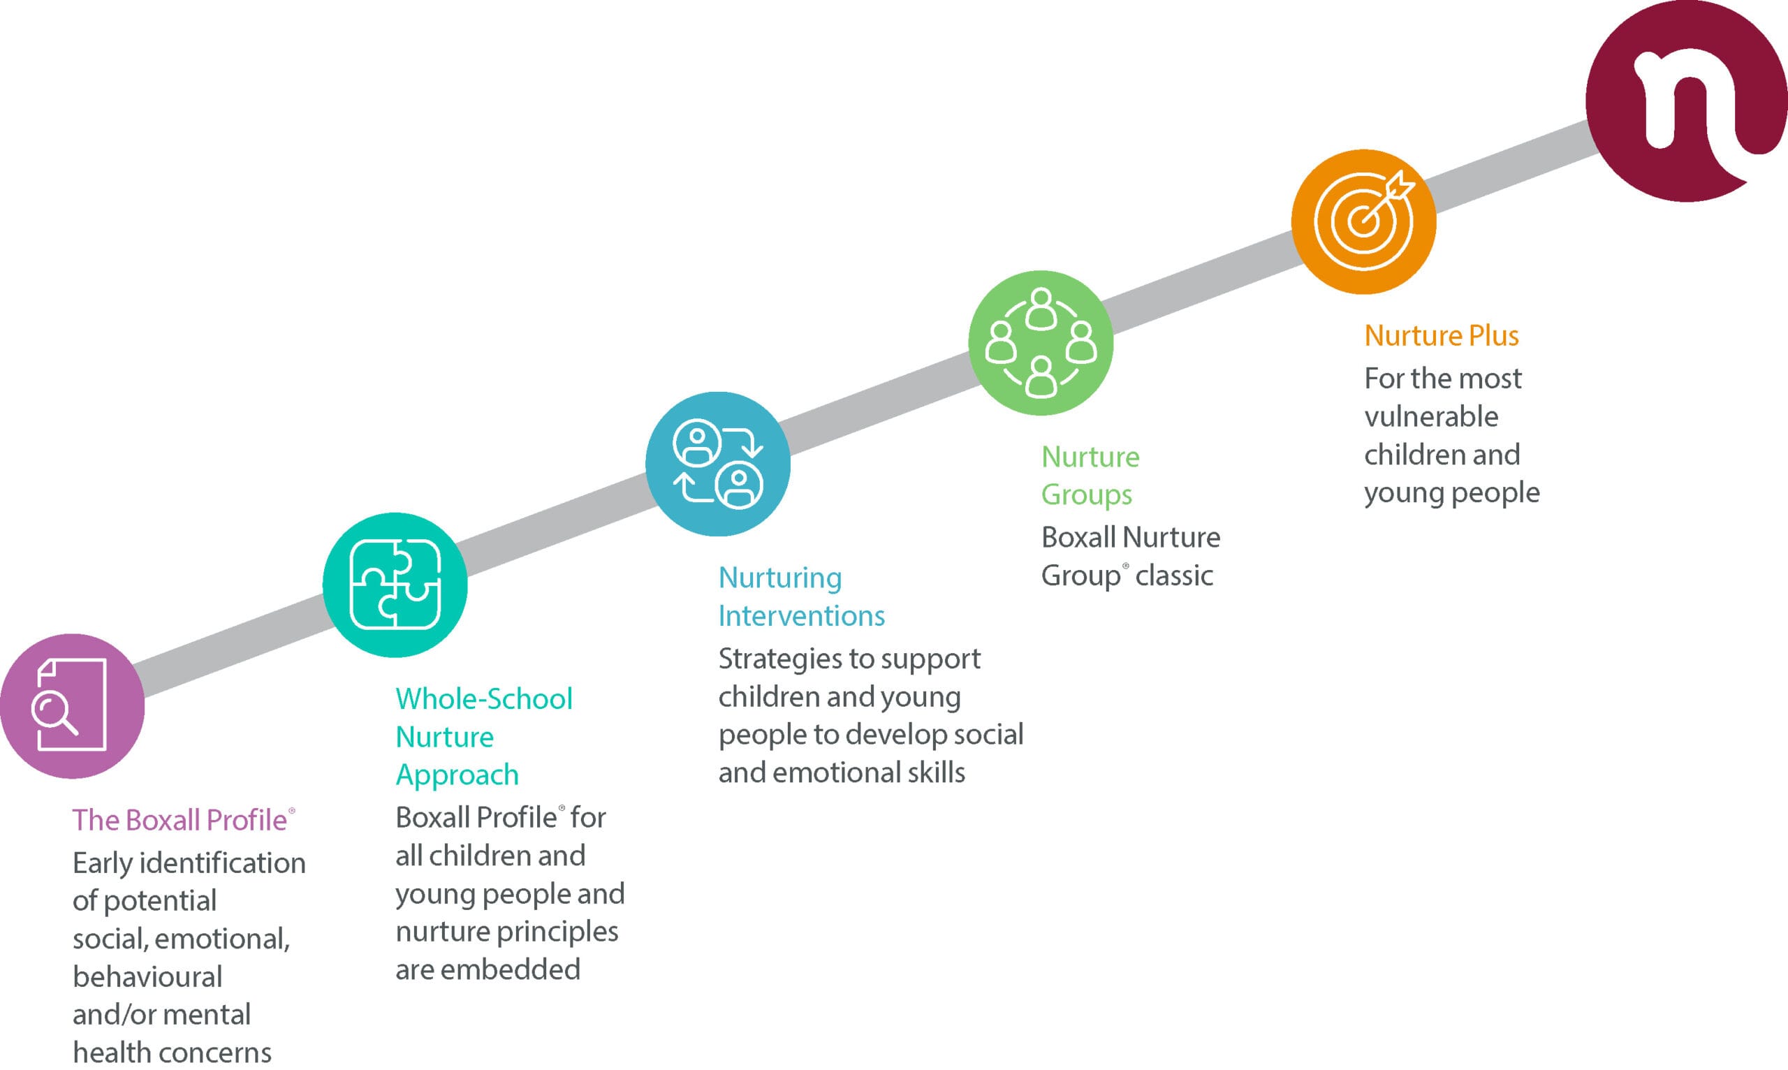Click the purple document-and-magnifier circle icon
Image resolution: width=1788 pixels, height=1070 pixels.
tap(72, 706)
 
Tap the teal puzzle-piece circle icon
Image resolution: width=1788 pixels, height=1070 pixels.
tap(395, 585)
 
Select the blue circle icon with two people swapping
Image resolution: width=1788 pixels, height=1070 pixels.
tap(718, 464)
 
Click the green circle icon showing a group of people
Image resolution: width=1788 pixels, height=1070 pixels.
tap(1041, 342)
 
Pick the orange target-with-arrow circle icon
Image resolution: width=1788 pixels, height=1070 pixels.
tap(1363, 221)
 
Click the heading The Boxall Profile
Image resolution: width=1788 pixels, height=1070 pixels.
tap(180, 821)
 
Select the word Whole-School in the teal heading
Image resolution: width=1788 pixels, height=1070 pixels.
tap(484, 698)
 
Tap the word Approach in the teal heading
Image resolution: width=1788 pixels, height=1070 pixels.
tap(457, 775)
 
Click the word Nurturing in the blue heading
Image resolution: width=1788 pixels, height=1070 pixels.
tap(780, 578)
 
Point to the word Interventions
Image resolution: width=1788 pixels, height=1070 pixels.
tap(801, 616)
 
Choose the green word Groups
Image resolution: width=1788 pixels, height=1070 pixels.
tap(1087, 494)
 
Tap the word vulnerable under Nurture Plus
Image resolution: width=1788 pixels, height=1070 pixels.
tap(1431, 417)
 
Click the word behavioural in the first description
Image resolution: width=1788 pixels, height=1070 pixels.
tap(148, 977)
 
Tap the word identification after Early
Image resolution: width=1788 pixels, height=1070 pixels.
tap(222, 863)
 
